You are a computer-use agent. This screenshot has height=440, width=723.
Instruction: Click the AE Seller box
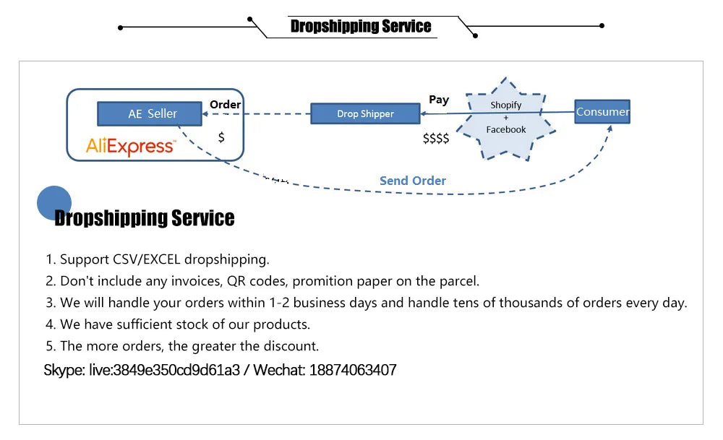pos(153,113)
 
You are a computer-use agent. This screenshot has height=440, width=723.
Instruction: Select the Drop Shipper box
pos(365,113)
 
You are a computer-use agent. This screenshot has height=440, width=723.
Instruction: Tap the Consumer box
pos(602,111)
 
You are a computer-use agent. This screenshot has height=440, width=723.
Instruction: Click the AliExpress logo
pos(130,147)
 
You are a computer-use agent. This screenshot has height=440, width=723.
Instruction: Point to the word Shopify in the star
pos(505,105)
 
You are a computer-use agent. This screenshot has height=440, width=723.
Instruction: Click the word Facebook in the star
pos(506,129)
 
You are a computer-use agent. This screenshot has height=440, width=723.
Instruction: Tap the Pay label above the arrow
pos(439,100)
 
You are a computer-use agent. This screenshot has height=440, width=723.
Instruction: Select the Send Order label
pos(413,181)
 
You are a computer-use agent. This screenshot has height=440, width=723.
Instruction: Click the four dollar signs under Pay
pos(436,138)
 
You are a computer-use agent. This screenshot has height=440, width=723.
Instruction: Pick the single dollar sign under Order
pos(221,137)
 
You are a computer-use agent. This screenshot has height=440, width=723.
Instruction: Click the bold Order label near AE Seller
pos(225,105)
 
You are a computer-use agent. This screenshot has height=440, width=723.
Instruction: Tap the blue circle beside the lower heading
pos(54,202)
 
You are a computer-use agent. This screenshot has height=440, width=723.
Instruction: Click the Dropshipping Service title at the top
pos(361,27)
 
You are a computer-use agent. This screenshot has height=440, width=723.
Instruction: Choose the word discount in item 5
pos(293,346)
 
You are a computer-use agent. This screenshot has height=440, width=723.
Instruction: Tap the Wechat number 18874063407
pos(353,371)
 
